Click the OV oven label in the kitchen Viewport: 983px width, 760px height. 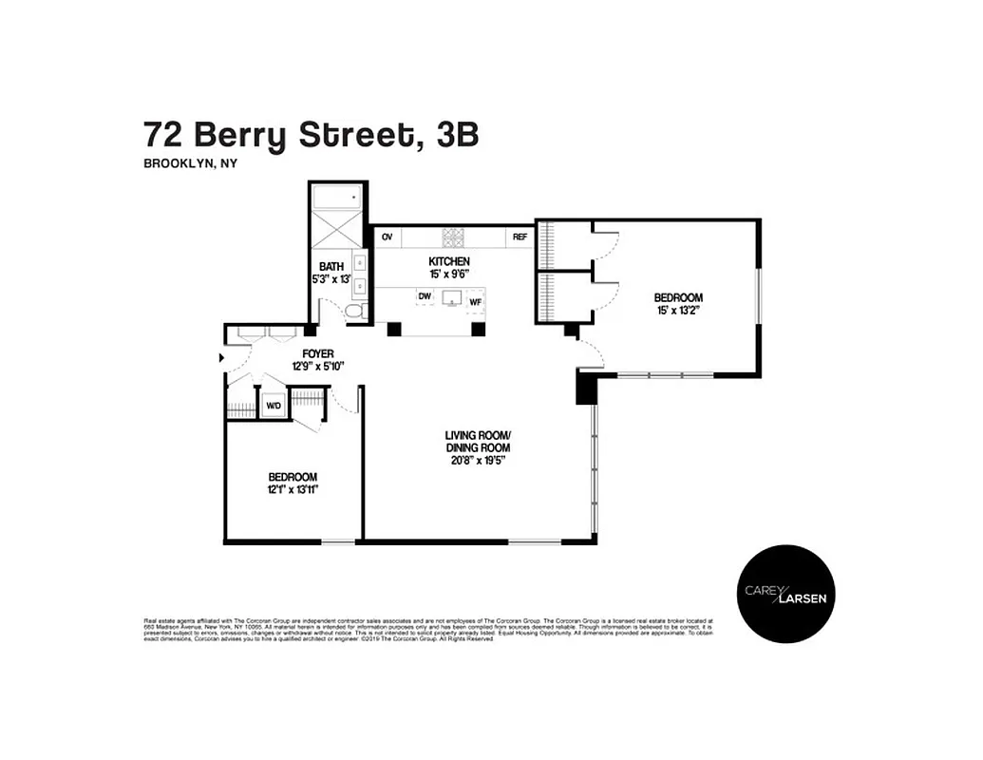pyautogui.click(x=387, y=237)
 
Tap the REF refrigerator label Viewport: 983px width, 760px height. pyautogui.click(x=520, y=237)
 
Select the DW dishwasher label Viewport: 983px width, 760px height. pyautogui.click(x=425, y=296)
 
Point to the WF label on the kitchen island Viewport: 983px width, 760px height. pyautogui.click(x=476, y=301)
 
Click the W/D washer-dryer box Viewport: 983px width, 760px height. pyautogui.click(x=274, y=407)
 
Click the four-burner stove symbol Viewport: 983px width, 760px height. pyautogui.click(x=452, y=237)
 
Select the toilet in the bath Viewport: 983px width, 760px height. pyautogui.click(x=353, y=312)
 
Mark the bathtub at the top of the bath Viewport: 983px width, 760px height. pyautogui.click(x=338, y=198)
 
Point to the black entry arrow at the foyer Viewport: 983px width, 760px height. pyautogui.click(x=222, y=357)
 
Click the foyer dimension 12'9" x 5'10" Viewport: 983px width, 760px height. pyautogui.click(x=318, y=366)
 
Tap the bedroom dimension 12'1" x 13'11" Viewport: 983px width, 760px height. pyautogui.click(x=293, y=489)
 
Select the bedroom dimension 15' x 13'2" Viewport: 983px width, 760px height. pyautogui.click(x=678, y=310)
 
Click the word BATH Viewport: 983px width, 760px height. pyautogui.click(x=331, y=267)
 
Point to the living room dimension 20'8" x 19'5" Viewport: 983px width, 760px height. pyautogui.click(x=478, y=460)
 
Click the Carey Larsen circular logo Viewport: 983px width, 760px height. pyautogui.click(x=786, y=593)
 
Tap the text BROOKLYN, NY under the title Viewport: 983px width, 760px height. pyautogui.click(x=190, y=163)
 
